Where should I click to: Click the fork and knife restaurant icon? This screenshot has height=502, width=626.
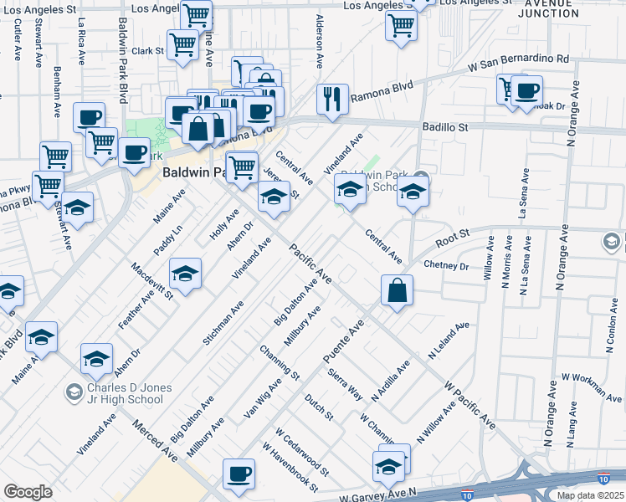332,99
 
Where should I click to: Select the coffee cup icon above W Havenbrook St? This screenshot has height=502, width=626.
239,474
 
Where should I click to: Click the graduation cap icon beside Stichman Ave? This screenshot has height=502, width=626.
186,273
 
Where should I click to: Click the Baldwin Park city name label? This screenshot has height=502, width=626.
193,173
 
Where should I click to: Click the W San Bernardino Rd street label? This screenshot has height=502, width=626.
518,61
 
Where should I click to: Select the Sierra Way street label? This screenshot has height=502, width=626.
344,383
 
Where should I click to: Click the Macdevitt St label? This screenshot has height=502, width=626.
151,280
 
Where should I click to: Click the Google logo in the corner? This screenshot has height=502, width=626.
28,492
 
